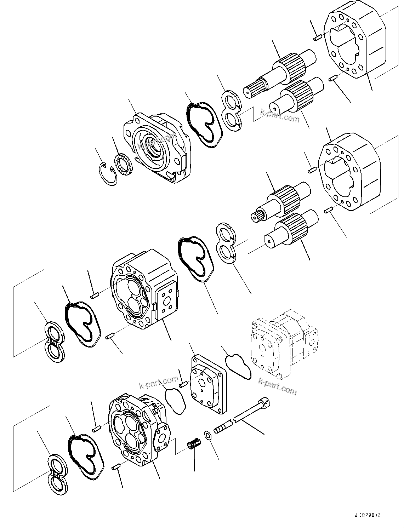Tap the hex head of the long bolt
(x=265, y=403)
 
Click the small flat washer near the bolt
(x=208, y=435)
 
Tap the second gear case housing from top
(x=349, y=173)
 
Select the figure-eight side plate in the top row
(x=233, y=109)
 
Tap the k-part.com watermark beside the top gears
(x=280, y=115)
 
